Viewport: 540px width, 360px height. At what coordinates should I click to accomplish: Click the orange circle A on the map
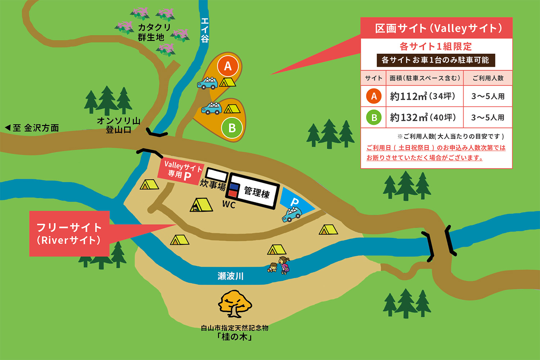(228, 66)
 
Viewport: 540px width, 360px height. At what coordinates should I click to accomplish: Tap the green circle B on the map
(232, 128)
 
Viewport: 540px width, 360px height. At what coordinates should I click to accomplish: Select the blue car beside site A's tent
(208, 83)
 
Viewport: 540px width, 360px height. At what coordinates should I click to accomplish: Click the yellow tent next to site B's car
(232, 108)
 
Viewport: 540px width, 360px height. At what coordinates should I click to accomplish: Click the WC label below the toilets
(229, 205)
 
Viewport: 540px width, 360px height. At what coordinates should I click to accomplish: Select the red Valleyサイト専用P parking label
(181, 171)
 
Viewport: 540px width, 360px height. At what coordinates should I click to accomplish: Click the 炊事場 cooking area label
(213, 185)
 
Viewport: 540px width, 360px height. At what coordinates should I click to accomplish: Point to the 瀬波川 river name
(231, 276)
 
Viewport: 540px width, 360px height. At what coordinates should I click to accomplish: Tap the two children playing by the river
(279, 266)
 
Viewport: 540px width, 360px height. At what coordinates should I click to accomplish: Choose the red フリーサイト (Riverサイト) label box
(69, 234)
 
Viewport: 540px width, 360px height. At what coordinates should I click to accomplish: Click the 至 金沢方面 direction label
(32, 128)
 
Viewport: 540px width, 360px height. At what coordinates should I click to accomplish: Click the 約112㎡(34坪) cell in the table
(424, 96)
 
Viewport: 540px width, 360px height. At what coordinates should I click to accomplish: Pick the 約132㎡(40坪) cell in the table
(424, 117)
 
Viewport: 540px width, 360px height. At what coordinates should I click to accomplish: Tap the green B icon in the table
(374, 117)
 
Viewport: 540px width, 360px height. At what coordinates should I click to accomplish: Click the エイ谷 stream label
(204, 30)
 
